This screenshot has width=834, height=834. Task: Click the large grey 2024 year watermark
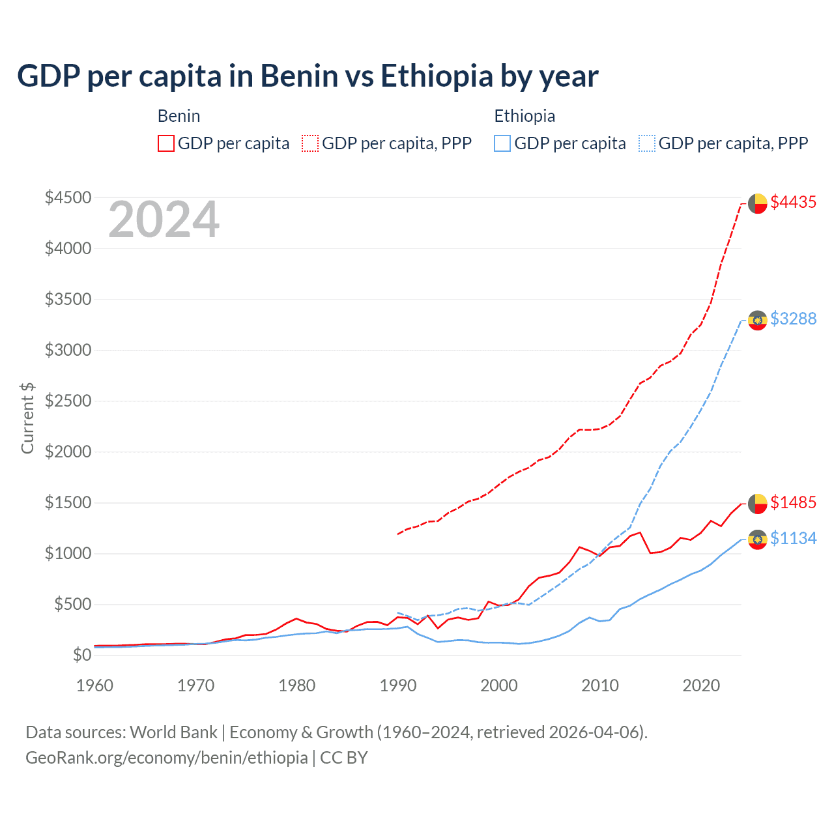click(x=164, y=220)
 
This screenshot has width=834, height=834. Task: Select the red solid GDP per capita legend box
click(x=166, y=143)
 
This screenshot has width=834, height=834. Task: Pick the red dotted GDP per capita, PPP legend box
click(x=310, y=143)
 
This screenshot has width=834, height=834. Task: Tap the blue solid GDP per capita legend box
click(x=502, y=143)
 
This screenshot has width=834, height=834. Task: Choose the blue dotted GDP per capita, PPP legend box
click(x=647, y=143)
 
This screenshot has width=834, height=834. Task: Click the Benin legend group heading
click(x=179, y=116)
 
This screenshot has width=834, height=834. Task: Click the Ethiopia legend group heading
click(x=525, y=116)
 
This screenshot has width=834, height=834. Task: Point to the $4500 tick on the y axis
click(x=68, y=197)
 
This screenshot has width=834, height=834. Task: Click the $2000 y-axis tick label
click(x=68, y=452)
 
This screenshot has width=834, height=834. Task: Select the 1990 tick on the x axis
click(x=398, y=685)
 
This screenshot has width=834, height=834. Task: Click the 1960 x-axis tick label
click(x=95, y=685)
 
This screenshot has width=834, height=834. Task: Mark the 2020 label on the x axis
click(x=701, y=685)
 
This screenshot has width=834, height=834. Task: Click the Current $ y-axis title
click(x=27, y=418)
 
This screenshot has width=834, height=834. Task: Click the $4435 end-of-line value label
click(x=793, y=203)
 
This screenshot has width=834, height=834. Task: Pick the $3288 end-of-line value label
click(x=793, y=319)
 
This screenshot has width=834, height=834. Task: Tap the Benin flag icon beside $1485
click(x=757, y=503)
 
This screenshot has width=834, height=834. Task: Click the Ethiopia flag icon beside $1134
click(x=757, y=539)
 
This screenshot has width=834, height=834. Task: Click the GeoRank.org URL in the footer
click(x=166, y=757)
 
